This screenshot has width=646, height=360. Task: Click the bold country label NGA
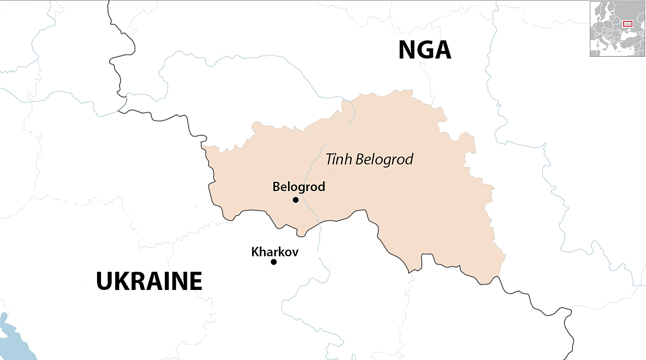coord(424,50)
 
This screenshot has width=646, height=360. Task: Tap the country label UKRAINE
coord(149,281)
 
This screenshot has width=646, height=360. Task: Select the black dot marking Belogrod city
coord(296,200)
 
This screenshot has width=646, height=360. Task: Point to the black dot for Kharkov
coord(274,262)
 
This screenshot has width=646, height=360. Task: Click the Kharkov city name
coord(275,252)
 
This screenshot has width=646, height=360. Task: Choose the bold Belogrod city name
coord(299,187)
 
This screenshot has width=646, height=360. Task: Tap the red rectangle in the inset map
coord(627,23)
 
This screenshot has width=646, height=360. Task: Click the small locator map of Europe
coord(617,29)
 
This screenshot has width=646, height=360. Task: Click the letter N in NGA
coord(408,50)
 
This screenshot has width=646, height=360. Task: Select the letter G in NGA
coord(425,50)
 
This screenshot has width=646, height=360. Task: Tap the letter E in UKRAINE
coord(195,281)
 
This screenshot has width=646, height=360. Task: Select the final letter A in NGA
coord(443,50)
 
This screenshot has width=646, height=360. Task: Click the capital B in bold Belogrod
coord(276,187)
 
